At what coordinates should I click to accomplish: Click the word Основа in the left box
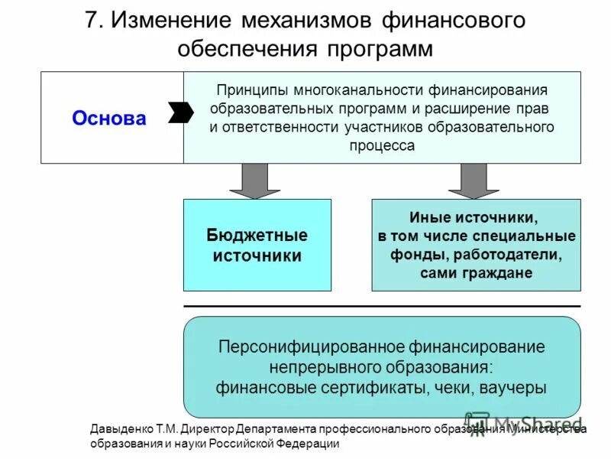108,119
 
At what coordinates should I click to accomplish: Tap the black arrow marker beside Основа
180,112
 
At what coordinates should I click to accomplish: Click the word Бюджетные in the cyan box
257,235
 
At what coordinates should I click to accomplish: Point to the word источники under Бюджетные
257,256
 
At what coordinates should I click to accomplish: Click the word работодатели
511,254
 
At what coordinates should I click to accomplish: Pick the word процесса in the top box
382,145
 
